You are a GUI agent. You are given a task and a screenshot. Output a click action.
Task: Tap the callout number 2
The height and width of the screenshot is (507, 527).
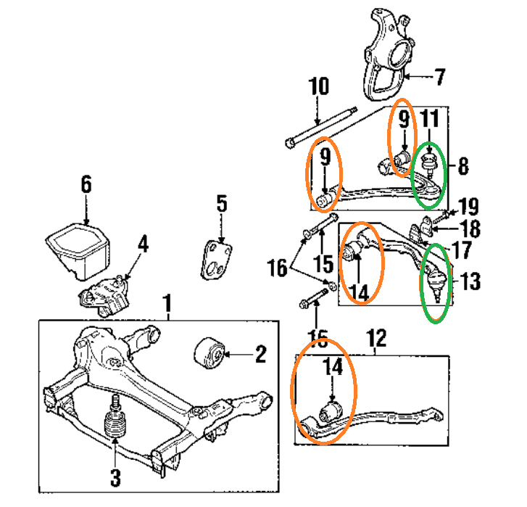[x=260, y=355]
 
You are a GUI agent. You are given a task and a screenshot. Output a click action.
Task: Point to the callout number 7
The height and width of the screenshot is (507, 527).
[x=440, y=75]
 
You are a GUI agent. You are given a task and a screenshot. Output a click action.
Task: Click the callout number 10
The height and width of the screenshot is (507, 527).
[x=318, y=87]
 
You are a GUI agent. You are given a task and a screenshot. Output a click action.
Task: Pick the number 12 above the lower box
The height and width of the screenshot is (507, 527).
[x=377, y=338]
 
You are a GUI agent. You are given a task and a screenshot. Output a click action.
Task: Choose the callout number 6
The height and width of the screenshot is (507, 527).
[x=86, y=184]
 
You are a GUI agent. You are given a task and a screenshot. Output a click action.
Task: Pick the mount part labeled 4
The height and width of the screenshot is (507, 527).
[x=104, y=292]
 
